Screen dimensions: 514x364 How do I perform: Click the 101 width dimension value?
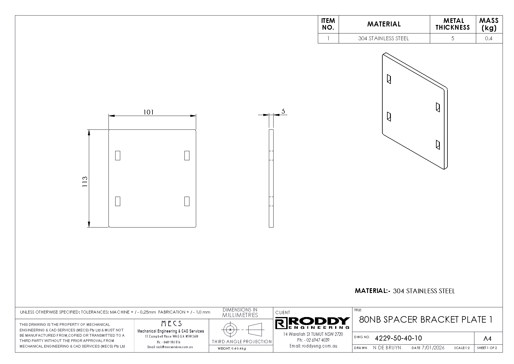148,112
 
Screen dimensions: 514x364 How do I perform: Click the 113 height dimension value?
85,182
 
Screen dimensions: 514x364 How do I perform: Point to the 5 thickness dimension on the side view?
283,111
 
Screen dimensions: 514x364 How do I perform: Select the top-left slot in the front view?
118,155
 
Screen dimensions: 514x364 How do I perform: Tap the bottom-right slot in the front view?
187,201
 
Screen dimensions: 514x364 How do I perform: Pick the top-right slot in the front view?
187,155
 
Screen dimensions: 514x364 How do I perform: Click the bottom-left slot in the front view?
118,201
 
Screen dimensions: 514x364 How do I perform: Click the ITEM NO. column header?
328,24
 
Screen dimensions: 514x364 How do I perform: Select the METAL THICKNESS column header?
453,24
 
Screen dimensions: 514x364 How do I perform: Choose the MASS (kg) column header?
489,24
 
